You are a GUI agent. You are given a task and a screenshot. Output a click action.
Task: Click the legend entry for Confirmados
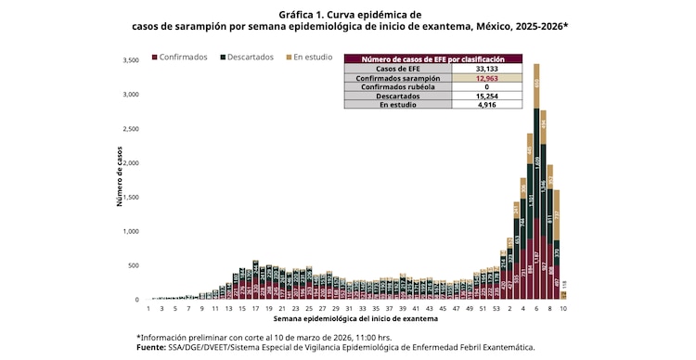(x=183, y=58)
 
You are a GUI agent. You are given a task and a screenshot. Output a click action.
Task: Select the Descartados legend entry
(x=250, y=58)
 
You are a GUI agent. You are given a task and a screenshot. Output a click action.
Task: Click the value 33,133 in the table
(x=487, y=69)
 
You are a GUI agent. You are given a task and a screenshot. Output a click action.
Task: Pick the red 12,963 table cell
(x=487, y=78)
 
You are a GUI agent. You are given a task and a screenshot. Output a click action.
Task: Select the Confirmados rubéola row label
(x=397, y=87)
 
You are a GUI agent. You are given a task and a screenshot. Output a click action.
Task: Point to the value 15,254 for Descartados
(x=487, y=96)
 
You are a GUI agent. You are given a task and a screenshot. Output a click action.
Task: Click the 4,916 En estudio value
(x=487, y=106)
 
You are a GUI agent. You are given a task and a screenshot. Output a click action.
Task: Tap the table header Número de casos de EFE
(x=432, y=58)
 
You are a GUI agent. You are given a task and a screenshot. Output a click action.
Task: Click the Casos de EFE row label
(x=397, y=69)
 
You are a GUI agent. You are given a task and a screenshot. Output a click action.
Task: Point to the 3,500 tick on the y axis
(x=130, y=61)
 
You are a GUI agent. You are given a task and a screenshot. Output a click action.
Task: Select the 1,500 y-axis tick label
(x=130, y=198)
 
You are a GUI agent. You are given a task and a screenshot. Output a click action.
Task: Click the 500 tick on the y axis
(x=133, y=265)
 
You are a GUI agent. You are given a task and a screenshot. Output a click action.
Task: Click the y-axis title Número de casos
(x=120, y=176)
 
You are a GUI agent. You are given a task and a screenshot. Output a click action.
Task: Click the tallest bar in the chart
(x=536, y=186)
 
